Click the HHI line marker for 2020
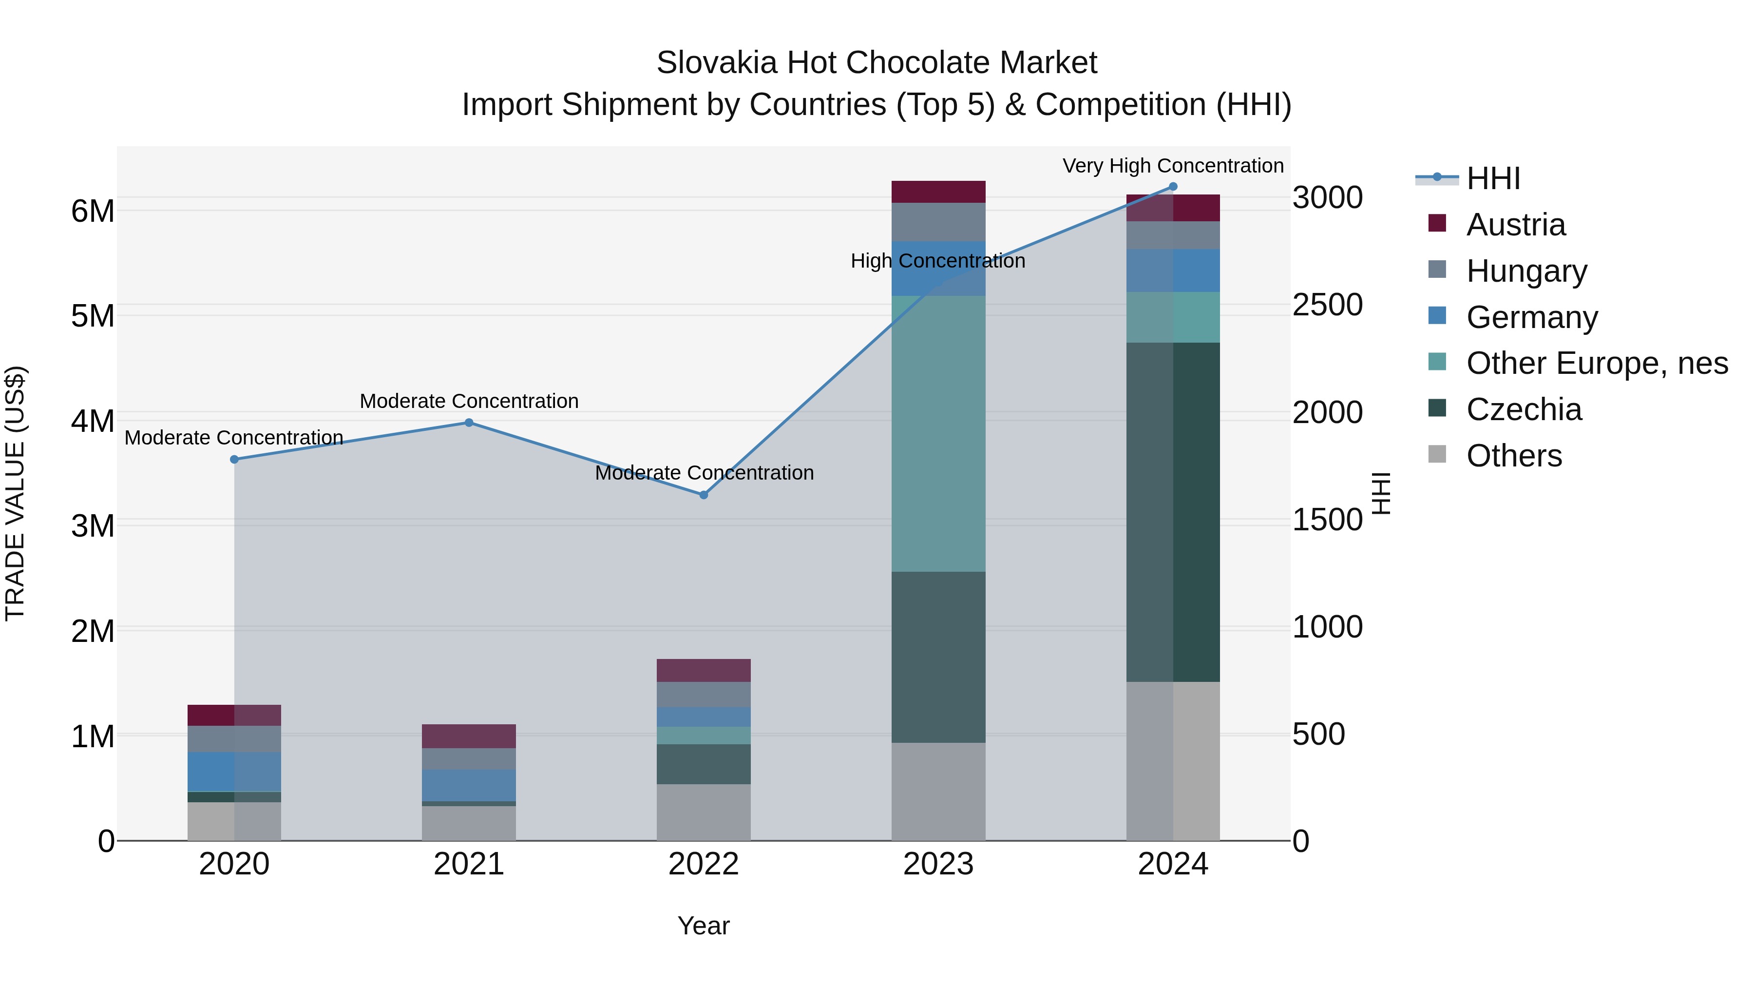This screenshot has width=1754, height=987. click(234, 460)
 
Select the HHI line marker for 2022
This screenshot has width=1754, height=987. click(704, 495)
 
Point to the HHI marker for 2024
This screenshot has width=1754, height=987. click(1173, 187)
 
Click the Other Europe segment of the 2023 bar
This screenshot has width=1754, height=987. click(938, 433)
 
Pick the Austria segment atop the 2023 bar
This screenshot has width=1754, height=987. click(938, 192)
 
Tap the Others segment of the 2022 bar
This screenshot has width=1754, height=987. click(704, 812)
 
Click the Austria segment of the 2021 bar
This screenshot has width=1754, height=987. click(468, 736)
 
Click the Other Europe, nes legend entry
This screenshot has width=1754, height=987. click(1597, 363)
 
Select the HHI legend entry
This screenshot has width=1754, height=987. click(1492, 178)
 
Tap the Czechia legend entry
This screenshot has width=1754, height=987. click(1523, 409)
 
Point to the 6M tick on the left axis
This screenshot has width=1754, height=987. click(93, 211)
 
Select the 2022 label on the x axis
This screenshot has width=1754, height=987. click(704, 864)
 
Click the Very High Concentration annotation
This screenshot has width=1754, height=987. click(1173, 166)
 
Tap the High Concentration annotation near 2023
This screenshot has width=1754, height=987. click(937, 261)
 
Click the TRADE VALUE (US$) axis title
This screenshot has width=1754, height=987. click(15, 493)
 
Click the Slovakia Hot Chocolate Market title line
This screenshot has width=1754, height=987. click(877, 63)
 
